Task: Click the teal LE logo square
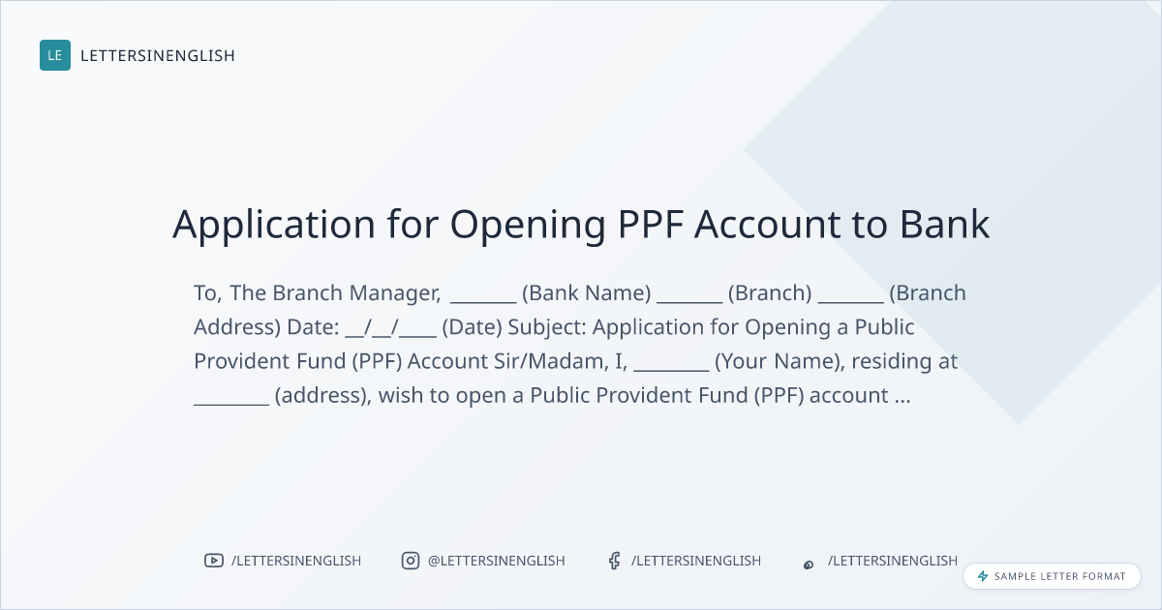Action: click(x=55, y=55)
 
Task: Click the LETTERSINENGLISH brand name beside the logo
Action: click(x=158, y=55)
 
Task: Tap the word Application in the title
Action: click(x=274, y=225)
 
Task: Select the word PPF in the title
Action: click(x=650, y=224)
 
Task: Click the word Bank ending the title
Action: click(x=944, y=224)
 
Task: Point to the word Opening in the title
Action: click(x=528, y=226)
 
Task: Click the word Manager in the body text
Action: click(x=395, y=293)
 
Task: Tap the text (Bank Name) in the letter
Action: click(x=586, y=293)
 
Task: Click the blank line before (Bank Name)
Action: click(x=483, y=301)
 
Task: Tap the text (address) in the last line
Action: click(x=322, y=396)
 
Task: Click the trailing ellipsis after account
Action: click(x=902, y=401)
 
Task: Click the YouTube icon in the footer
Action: click(x=214, y=561)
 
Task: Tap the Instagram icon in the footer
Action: click(x=411, y=561)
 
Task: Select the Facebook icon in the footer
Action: click(x=615, y=561)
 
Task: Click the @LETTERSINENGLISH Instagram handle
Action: click(x=497, y=561)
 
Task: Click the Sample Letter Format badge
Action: click(x=1052, y=576)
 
